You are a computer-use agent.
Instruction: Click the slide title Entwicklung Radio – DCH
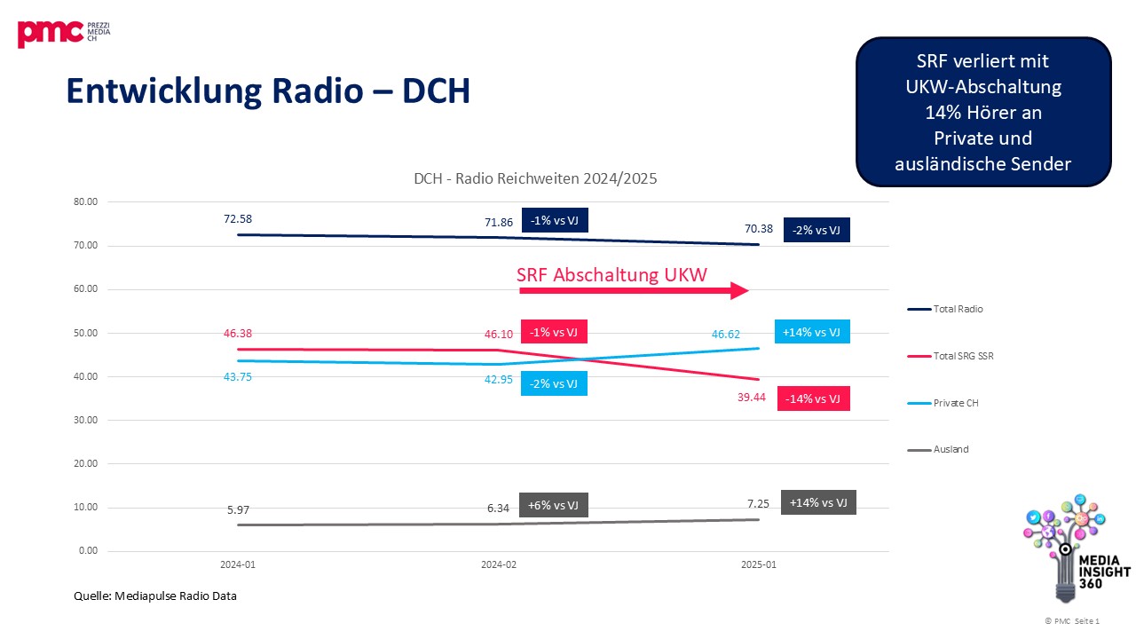pyautogui.click(x=267, y=91)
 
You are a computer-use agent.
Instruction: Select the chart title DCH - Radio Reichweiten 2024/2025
pyautogui.click(x=535, y=178)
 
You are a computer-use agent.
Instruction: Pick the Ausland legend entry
pyautogui.click(x=950, y=449)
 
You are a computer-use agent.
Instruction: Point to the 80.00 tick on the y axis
pyautogui.click(x=86, y=201)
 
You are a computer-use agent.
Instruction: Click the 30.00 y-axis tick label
pyautogui.click(x=86, y=421)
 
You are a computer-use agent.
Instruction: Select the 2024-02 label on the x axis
pyautogui.click(x=498, y=564)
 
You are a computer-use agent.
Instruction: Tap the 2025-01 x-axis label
pyautogui.click(x=758, y=564)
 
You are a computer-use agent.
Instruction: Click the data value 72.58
pyautogui.click(x=238, y=218)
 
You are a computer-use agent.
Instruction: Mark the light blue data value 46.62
pyautogui.click(x=727, y=335)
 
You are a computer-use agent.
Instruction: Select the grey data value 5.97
pyautogui.click(x=238, y=510)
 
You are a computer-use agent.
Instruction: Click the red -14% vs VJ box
pyautogui.click(x=813, y=398)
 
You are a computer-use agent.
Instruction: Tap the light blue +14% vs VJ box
pyautogui.click(x=812, y=332)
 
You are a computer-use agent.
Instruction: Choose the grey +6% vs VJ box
pyautogui.click(x=554, y=505)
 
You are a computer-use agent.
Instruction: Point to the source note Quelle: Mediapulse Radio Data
pyautogui.click(x=155, y=596)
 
